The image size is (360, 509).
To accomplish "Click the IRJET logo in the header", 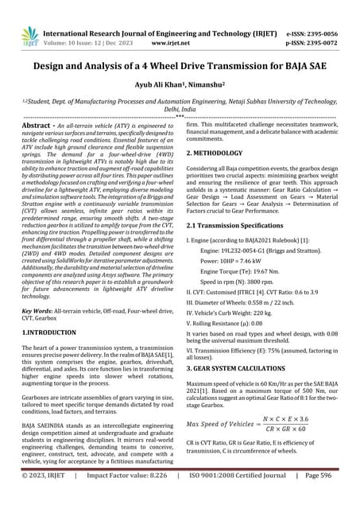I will (29, 33).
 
